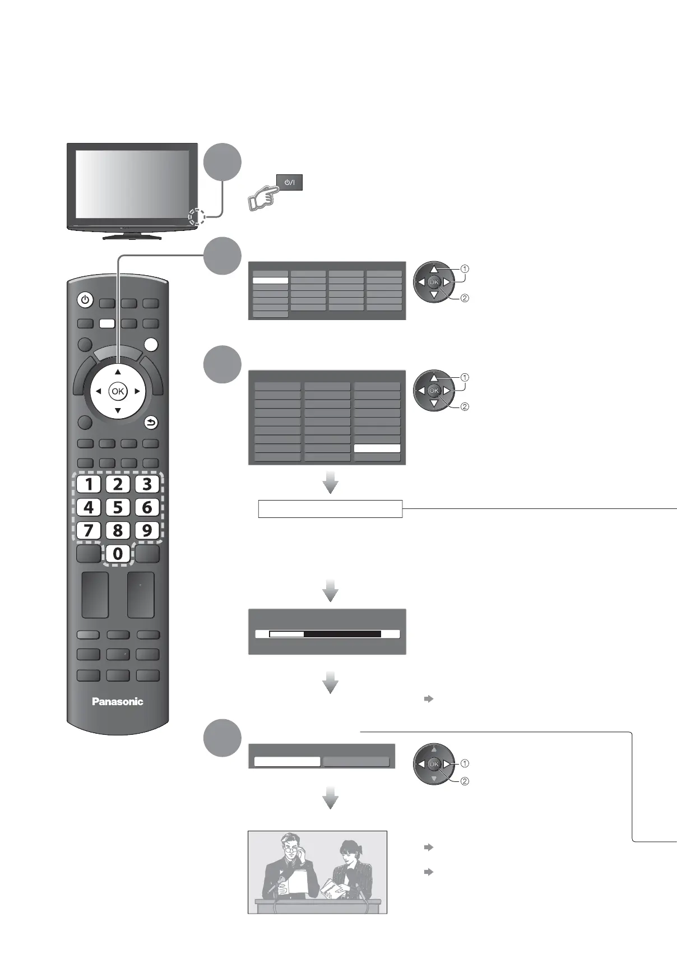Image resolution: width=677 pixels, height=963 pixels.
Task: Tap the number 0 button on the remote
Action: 118,554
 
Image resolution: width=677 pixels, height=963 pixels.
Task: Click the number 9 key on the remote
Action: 147,530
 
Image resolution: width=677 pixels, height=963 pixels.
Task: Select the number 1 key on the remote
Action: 89,484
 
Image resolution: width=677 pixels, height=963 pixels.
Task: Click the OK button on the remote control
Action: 118,391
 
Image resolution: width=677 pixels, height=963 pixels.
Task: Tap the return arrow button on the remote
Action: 151,423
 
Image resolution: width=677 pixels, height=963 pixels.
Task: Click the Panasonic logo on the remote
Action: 118,701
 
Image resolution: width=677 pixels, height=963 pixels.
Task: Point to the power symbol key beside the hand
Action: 289,182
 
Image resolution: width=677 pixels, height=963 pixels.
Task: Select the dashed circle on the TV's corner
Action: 196,216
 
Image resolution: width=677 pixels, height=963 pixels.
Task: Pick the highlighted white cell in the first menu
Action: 270,280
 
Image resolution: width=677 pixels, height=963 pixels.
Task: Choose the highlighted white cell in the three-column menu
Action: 377,448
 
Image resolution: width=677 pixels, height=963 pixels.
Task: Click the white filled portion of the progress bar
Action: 286,634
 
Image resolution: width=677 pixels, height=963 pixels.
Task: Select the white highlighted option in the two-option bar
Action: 287,762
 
